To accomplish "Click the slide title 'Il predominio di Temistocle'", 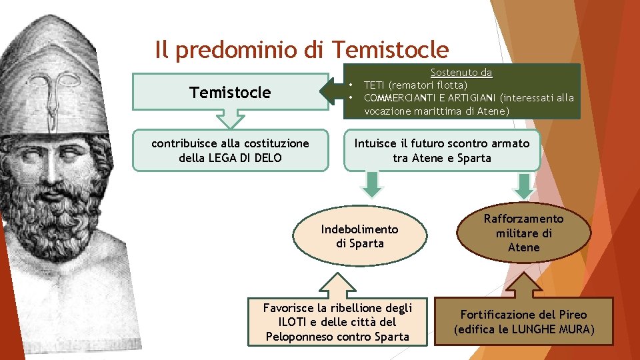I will click(x=301, y=49).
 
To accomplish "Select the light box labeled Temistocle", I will click(x=230, y=92).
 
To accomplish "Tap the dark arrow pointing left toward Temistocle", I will click(x=332, y=91).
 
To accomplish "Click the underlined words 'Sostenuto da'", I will click(x=461, y=72).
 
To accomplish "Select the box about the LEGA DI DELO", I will click(x=230, y=151).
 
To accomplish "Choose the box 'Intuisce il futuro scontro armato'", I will click(x=441, y=151).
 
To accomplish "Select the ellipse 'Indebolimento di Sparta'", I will click(x=359, y=236).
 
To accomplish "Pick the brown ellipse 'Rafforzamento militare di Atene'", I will click(x=523, y=233).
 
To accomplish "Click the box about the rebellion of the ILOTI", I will click(x=337, y=322).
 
